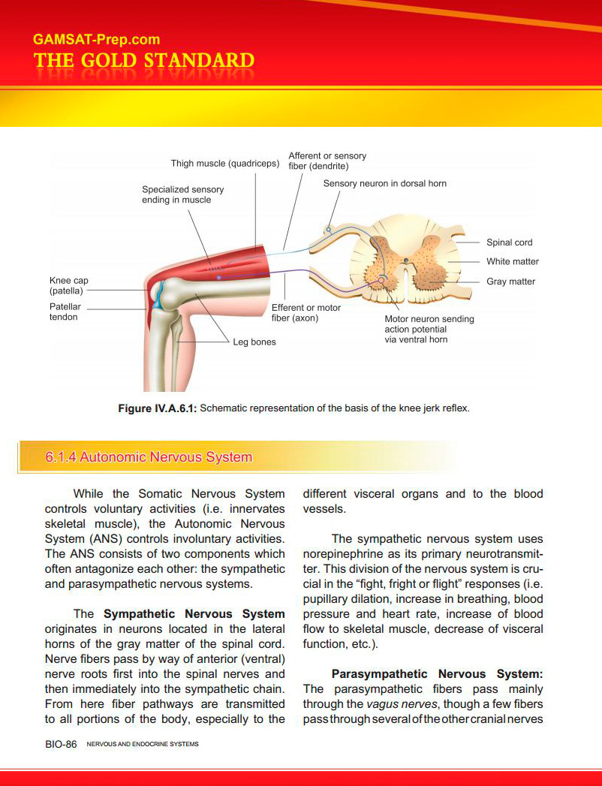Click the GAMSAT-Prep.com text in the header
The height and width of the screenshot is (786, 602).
click(x=96, y=40)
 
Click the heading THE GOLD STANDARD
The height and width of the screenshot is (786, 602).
click(x=143, y=61)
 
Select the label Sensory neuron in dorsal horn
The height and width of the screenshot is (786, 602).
click(x=384, y=183)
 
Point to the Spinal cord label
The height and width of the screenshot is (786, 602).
click(x=509, y=242)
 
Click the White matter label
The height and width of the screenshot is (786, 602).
click(x=512, y=261)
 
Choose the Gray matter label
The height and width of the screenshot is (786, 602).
click(x=510, y=282)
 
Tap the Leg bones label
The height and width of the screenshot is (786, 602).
click(x=254, y=342)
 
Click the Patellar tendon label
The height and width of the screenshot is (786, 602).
click(x=65, y=312)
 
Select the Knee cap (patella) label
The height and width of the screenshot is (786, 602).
click(x=68, y=285)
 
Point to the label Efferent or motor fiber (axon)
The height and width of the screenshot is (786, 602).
click(x=306, y=312)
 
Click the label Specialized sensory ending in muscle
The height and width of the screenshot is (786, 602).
click(x=182, y=194)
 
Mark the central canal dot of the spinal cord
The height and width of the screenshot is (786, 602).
click(x=406, y=260)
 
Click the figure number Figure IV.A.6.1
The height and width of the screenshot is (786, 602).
click(x=157, y=408)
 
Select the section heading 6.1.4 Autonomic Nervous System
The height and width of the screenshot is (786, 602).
click(x=149, y=457)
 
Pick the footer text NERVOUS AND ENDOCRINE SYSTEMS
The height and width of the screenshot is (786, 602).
click(x=143, y=745)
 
